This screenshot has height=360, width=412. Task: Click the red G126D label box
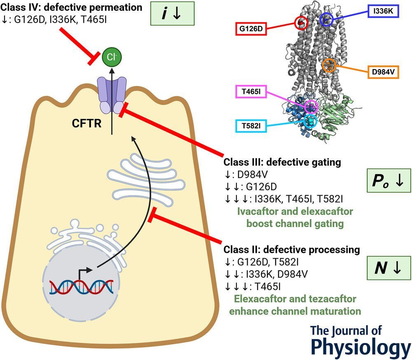pyautogui.click(x=251, y=29)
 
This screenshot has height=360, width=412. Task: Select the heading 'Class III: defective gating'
pyautogui.click(x=282, y=162)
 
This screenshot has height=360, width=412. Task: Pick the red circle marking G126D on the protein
pyautogui.click(x=301, y=23)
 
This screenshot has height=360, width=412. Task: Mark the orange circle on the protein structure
pyautogui.click(x=329, y=65)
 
